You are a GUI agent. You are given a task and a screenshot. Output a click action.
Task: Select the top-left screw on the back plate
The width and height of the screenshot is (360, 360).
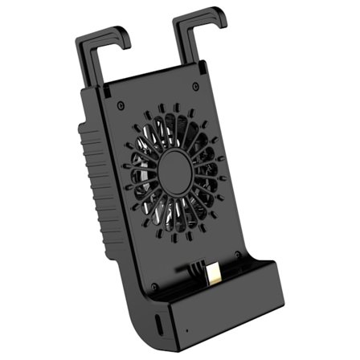[x=120, y=104]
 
